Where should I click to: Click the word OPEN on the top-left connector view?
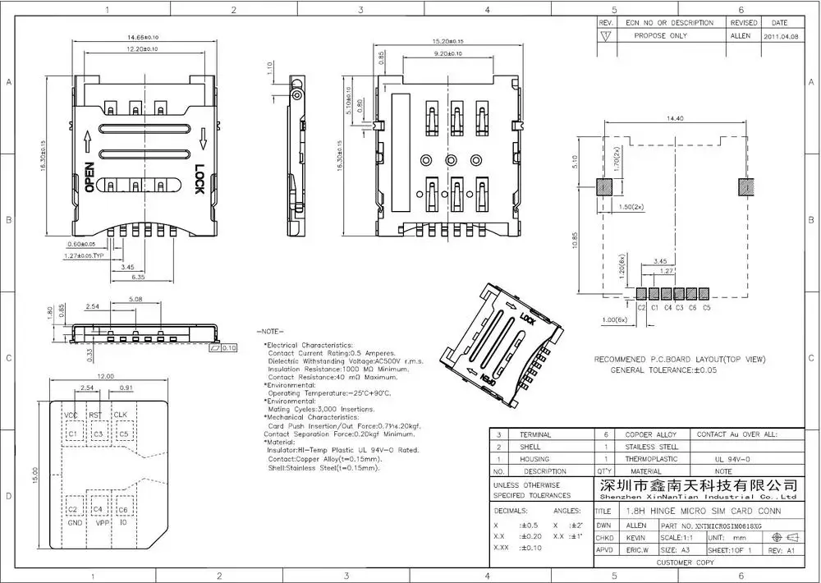89,177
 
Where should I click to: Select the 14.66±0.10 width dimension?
142,38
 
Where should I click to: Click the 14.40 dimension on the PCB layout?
676,119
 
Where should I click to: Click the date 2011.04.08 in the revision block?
779,37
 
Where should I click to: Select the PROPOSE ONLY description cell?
661,37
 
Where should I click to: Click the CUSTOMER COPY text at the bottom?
686,562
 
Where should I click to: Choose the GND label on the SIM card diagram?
73,522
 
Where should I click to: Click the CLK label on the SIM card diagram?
121,415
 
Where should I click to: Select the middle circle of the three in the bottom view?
451,159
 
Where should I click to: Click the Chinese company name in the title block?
695,484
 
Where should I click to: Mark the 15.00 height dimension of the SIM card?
34,476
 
